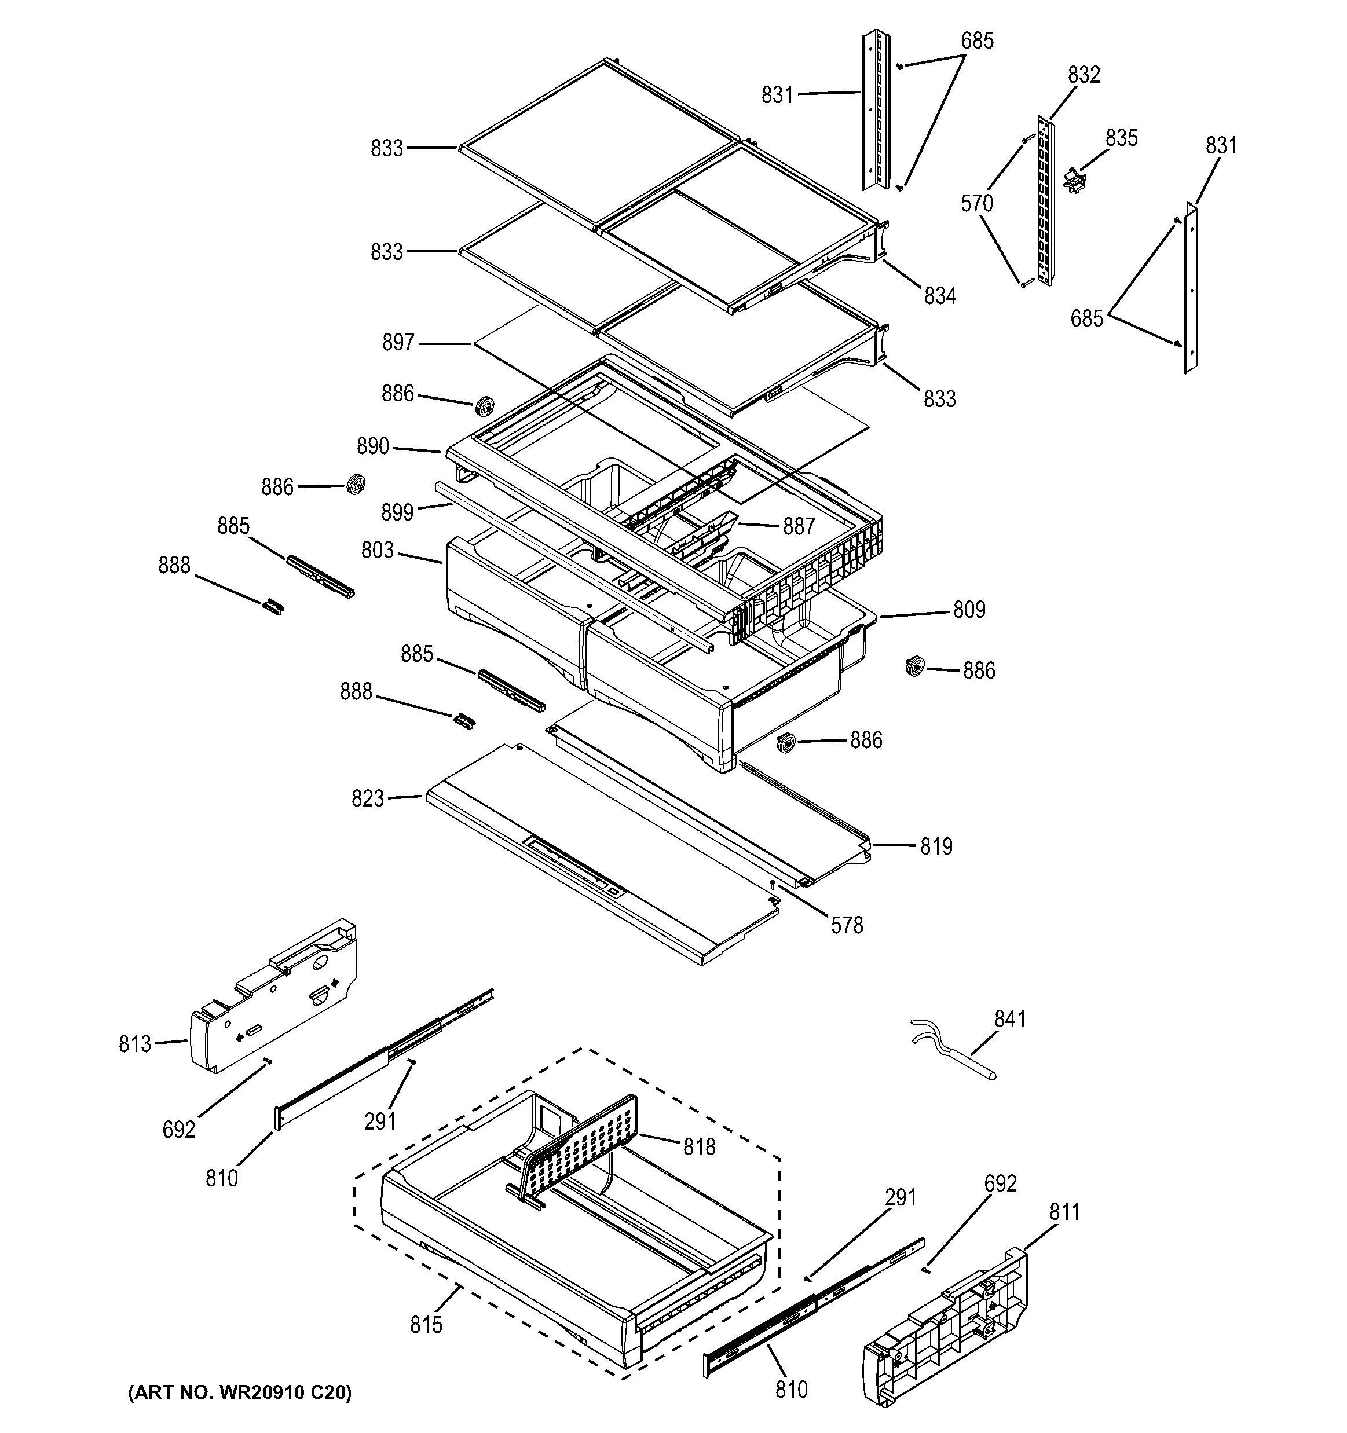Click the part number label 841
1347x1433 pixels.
[x=1009, y=1019]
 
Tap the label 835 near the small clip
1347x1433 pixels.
[x=1121, y=138]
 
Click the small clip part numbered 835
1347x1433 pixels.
[x=1074, y=179]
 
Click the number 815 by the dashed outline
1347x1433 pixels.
[x=426, y=1325]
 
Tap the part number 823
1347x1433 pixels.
[x=368, y=798]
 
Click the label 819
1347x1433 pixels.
[x=936, y=846]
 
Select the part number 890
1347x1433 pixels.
[x=373, y=447]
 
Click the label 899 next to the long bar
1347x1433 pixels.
[x=397, y=512]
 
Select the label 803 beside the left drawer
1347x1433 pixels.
[x=378, y=551]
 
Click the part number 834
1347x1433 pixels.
[x=939, y=295]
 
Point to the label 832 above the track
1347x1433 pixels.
[x=1084, y=75]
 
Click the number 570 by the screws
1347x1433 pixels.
[x=977, y=204]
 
